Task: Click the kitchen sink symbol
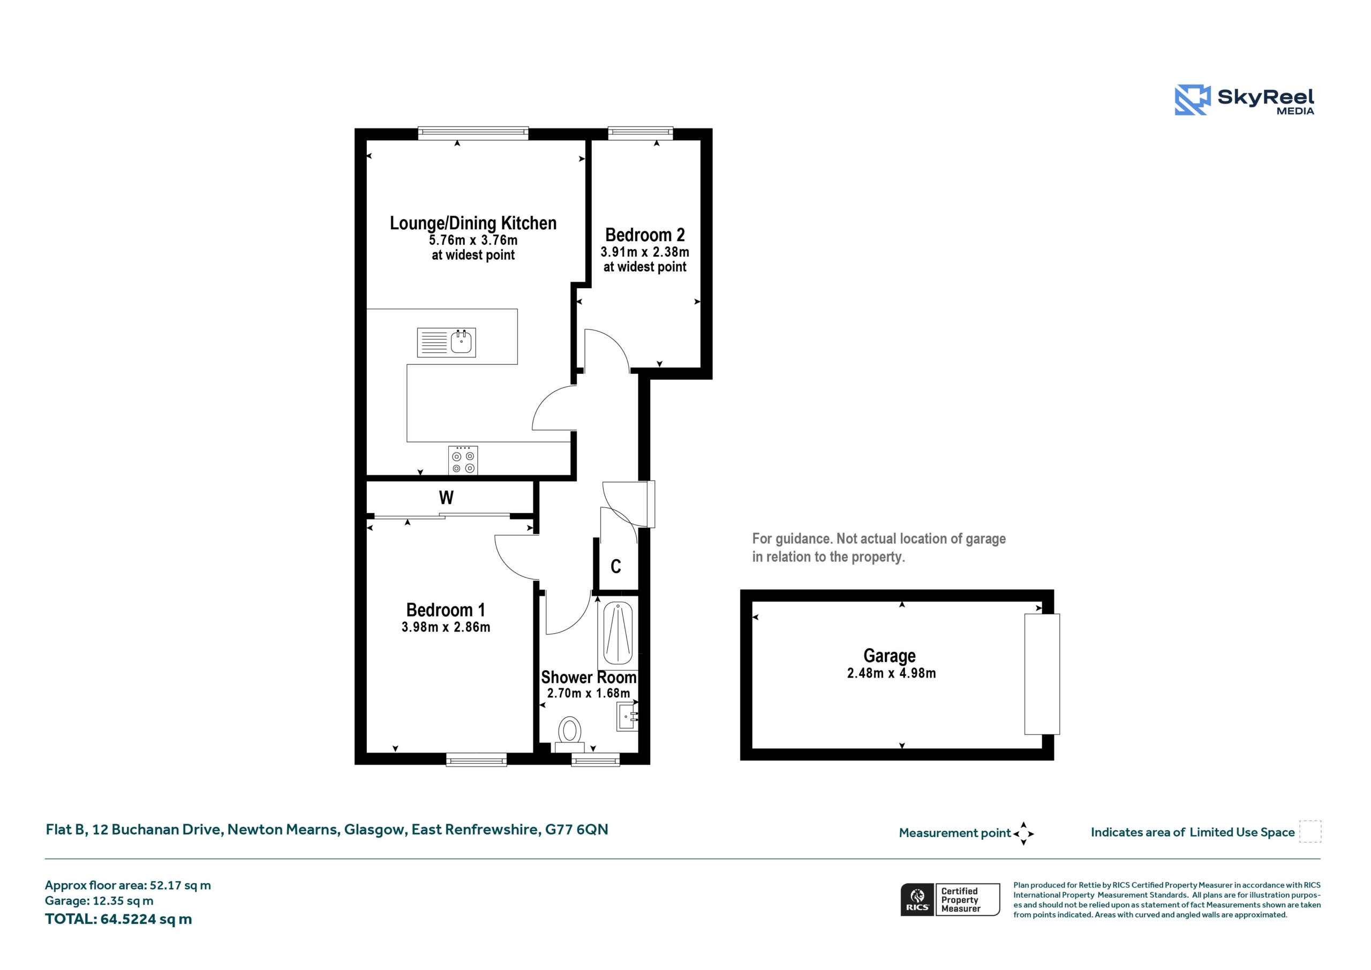click(446, 342)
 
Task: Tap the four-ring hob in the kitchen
click(463, 461)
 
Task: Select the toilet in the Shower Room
click(570, 735)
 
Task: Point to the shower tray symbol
click(618, 633)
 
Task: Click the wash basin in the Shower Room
click(627, 717)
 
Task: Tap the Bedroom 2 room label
click(645, 235)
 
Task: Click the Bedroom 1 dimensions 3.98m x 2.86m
click(446, 627)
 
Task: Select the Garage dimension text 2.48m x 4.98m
click(891, 673)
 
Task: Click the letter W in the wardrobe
click(446, 498)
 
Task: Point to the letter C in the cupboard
click(616, 566)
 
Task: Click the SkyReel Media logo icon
click(1193, 100)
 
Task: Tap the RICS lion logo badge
click(917, 899)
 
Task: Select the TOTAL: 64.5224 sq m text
click(118, 919)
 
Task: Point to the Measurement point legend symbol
click(1023, 833)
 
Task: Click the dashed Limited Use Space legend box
click(1310, 831)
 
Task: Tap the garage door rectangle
click(1042, 674)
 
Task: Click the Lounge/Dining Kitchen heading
click(473, 223)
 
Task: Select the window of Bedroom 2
click(640, 133)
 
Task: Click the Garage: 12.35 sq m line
click(99, 901)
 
